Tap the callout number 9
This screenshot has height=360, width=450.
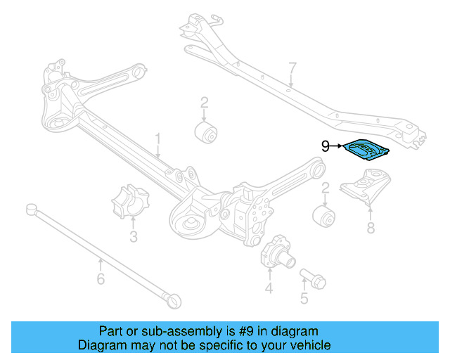pos(325,146)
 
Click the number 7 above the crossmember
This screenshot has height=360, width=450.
pos(292,68)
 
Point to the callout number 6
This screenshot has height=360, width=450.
pos(100,280)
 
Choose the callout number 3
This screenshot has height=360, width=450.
pos(133,236)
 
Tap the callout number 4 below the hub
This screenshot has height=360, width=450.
pos(269,288)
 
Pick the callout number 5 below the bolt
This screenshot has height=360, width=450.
pos(304,299)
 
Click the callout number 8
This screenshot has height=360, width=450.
pos(371,227)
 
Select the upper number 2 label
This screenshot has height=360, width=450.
pos(204,103)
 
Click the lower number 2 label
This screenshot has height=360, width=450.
pos(326,188)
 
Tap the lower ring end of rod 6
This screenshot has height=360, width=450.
pos(174,301)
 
